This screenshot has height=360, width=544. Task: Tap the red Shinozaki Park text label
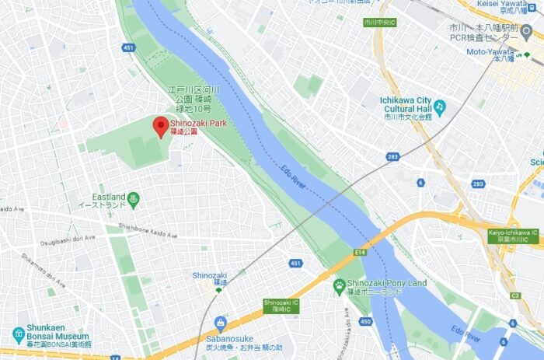click(x=197, y=127)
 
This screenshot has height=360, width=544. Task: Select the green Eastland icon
click(x=134, y=199)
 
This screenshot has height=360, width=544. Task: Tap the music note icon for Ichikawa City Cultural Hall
click(x=440, y=106)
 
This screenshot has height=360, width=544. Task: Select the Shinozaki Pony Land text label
click(x=387, y=287)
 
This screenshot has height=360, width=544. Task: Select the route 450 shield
click(x=344, y=322)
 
